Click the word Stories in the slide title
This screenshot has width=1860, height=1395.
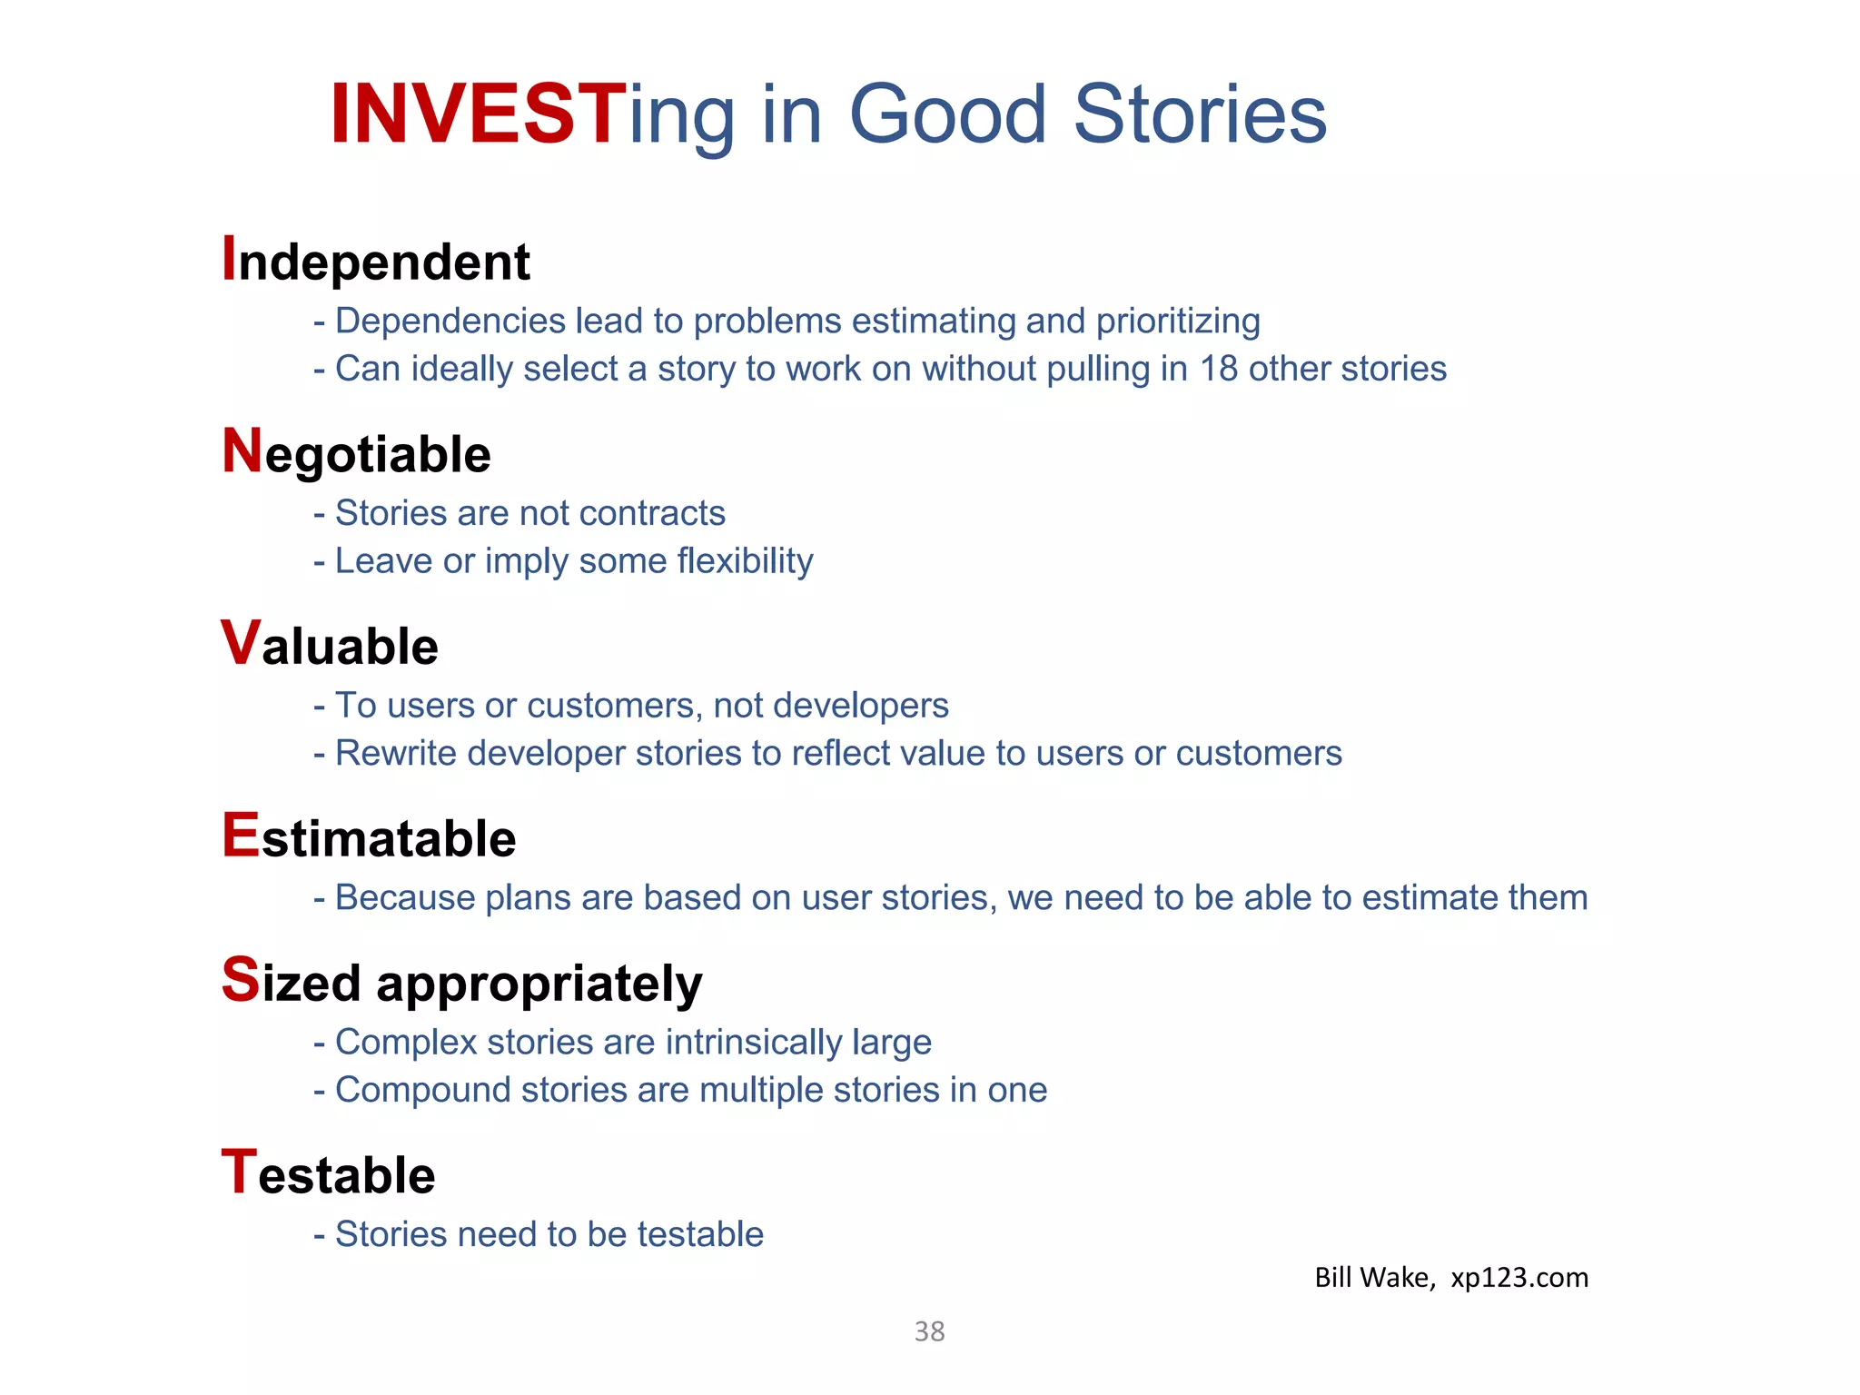pos(1200,114)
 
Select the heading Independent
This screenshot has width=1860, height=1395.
pos(376,262)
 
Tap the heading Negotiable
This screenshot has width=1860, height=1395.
pos(356,453)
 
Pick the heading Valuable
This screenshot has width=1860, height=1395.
pos(330,645)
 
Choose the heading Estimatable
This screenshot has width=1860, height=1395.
pos(369,837)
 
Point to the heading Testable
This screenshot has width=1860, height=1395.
pos(329,1174)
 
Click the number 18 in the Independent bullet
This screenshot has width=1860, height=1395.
pos(1218,369)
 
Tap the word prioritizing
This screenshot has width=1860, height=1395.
pos(1178,322)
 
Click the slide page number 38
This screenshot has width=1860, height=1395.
pos(929,1331)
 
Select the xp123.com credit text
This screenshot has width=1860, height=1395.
pos(1519,1278)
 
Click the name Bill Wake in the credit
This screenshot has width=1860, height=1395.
pos(1371,1278)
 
